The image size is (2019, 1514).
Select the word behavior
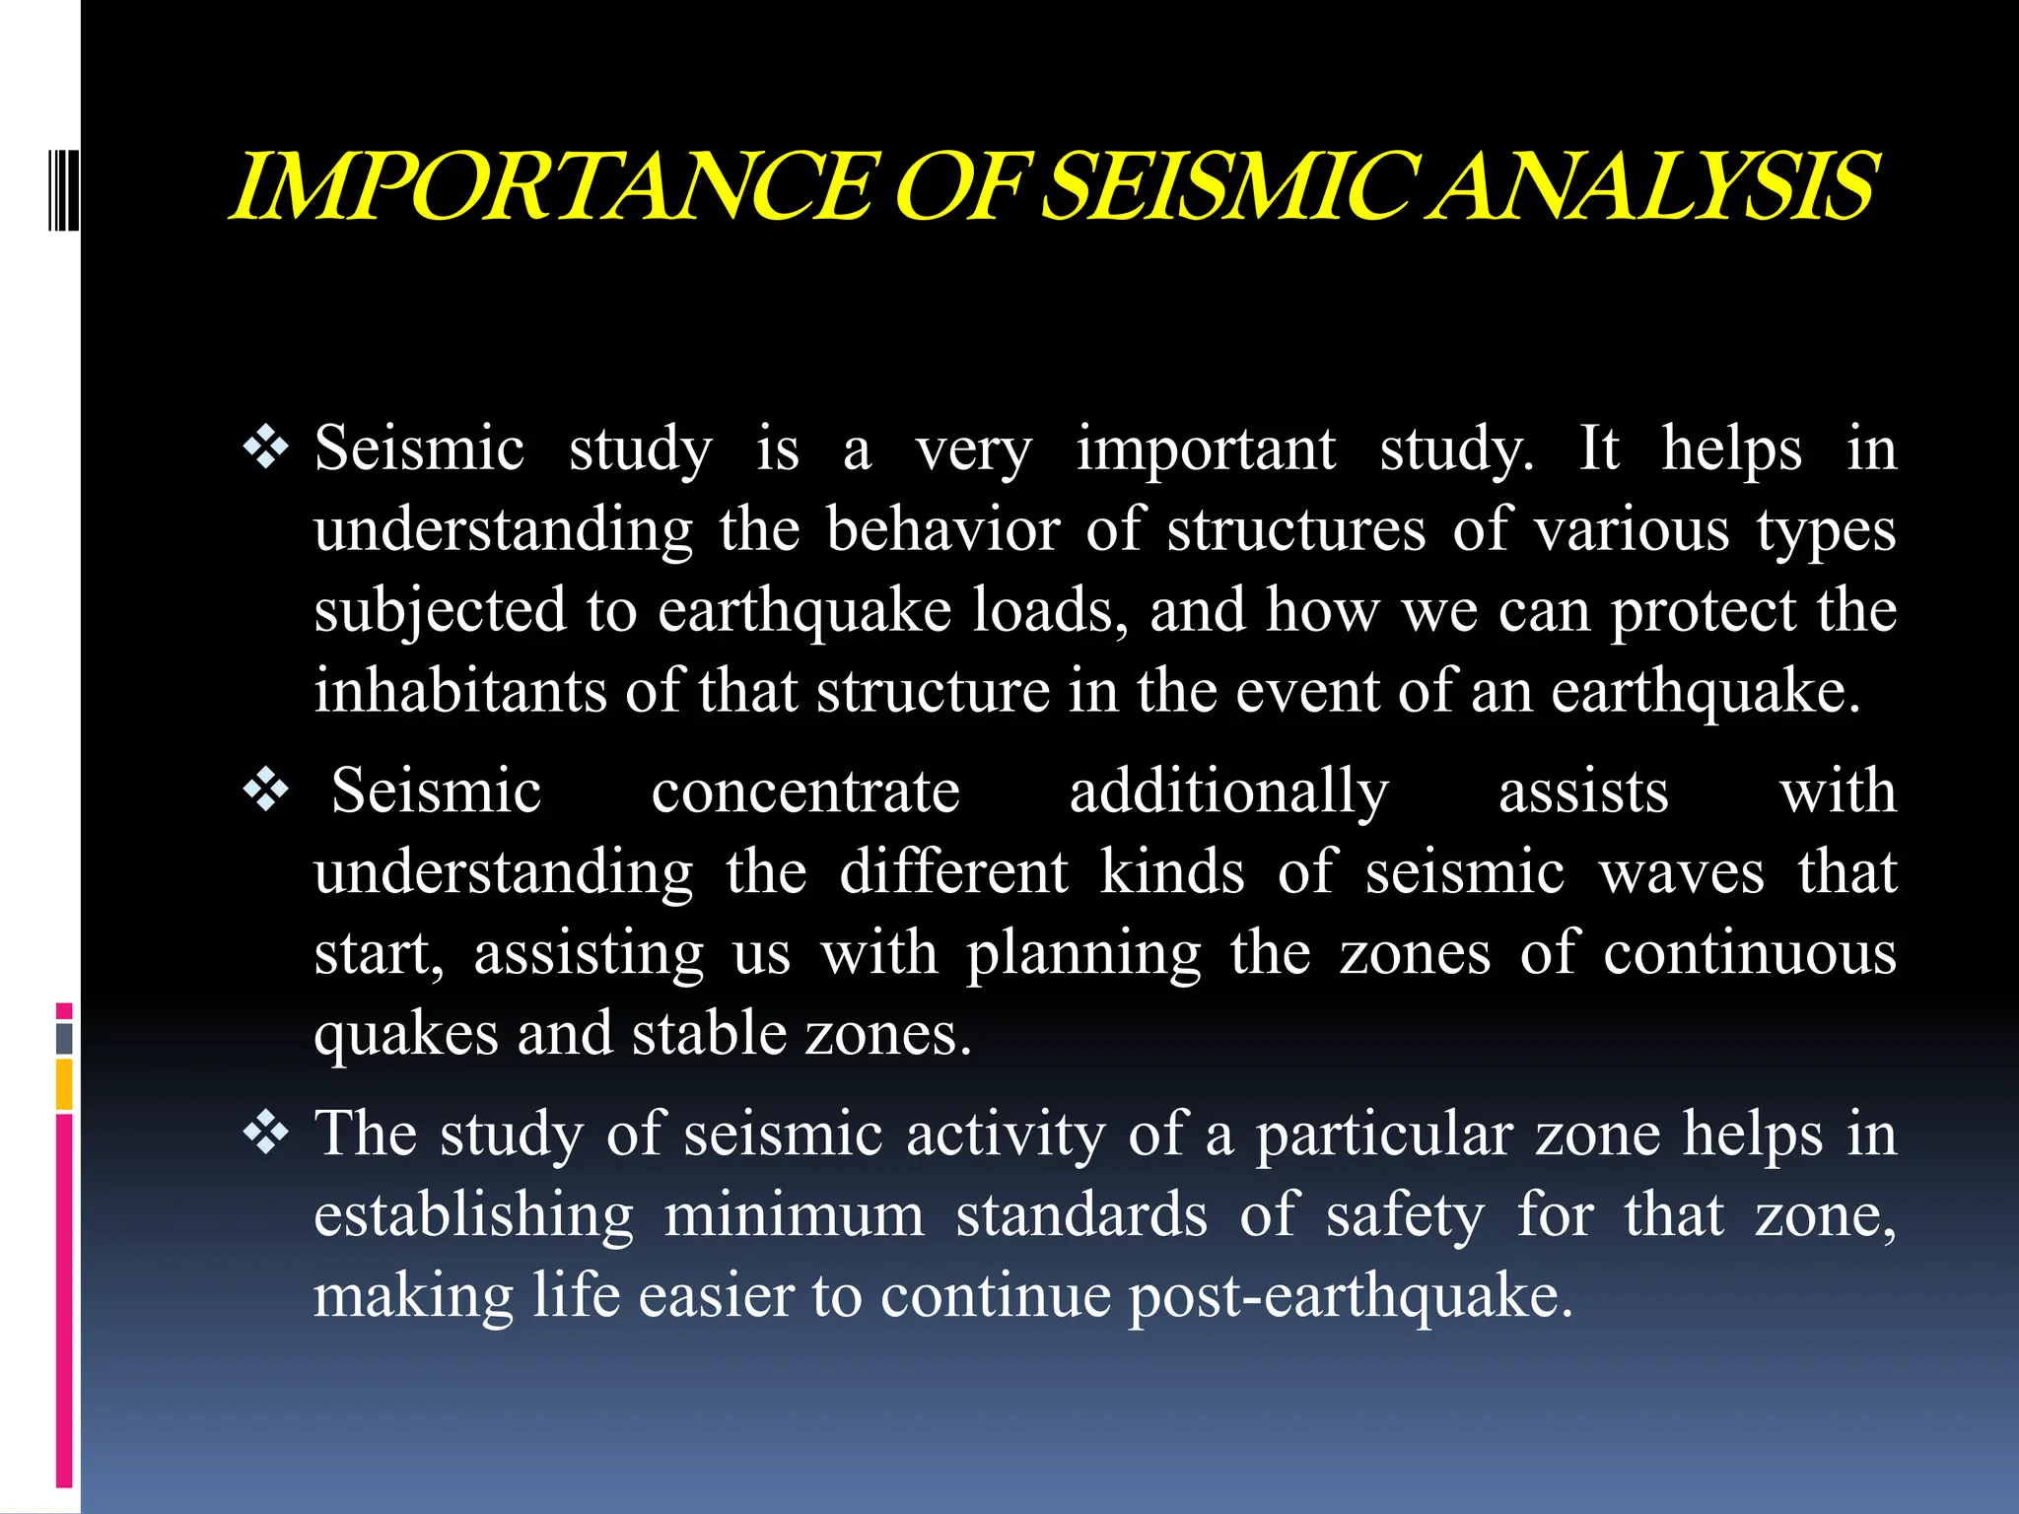(x=942, y=530)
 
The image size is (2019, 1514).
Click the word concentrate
(x=804, y=791)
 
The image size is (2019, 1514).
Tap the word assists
(x=1583, y=791)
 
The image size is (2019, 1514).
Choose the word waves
(x=1682, y=873)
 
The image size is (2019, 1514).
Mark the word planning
(x=1083, y=955)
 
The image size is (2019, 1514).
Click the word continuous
(x=1749, y=953)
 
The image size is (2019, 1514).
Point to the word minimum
(x=794, y=1214)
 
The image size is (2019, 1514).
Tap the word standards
(x=1081, y=1214)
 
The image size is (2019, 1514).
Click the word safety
(x=1404, y=1216)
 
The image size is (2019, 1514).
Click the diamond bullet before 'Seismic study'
(x=266, y=448)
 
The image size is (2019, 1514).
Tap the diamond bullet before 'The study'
(x=266, y=1134)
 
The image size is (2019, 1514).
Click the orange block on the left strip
(x=64, y=1084)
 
